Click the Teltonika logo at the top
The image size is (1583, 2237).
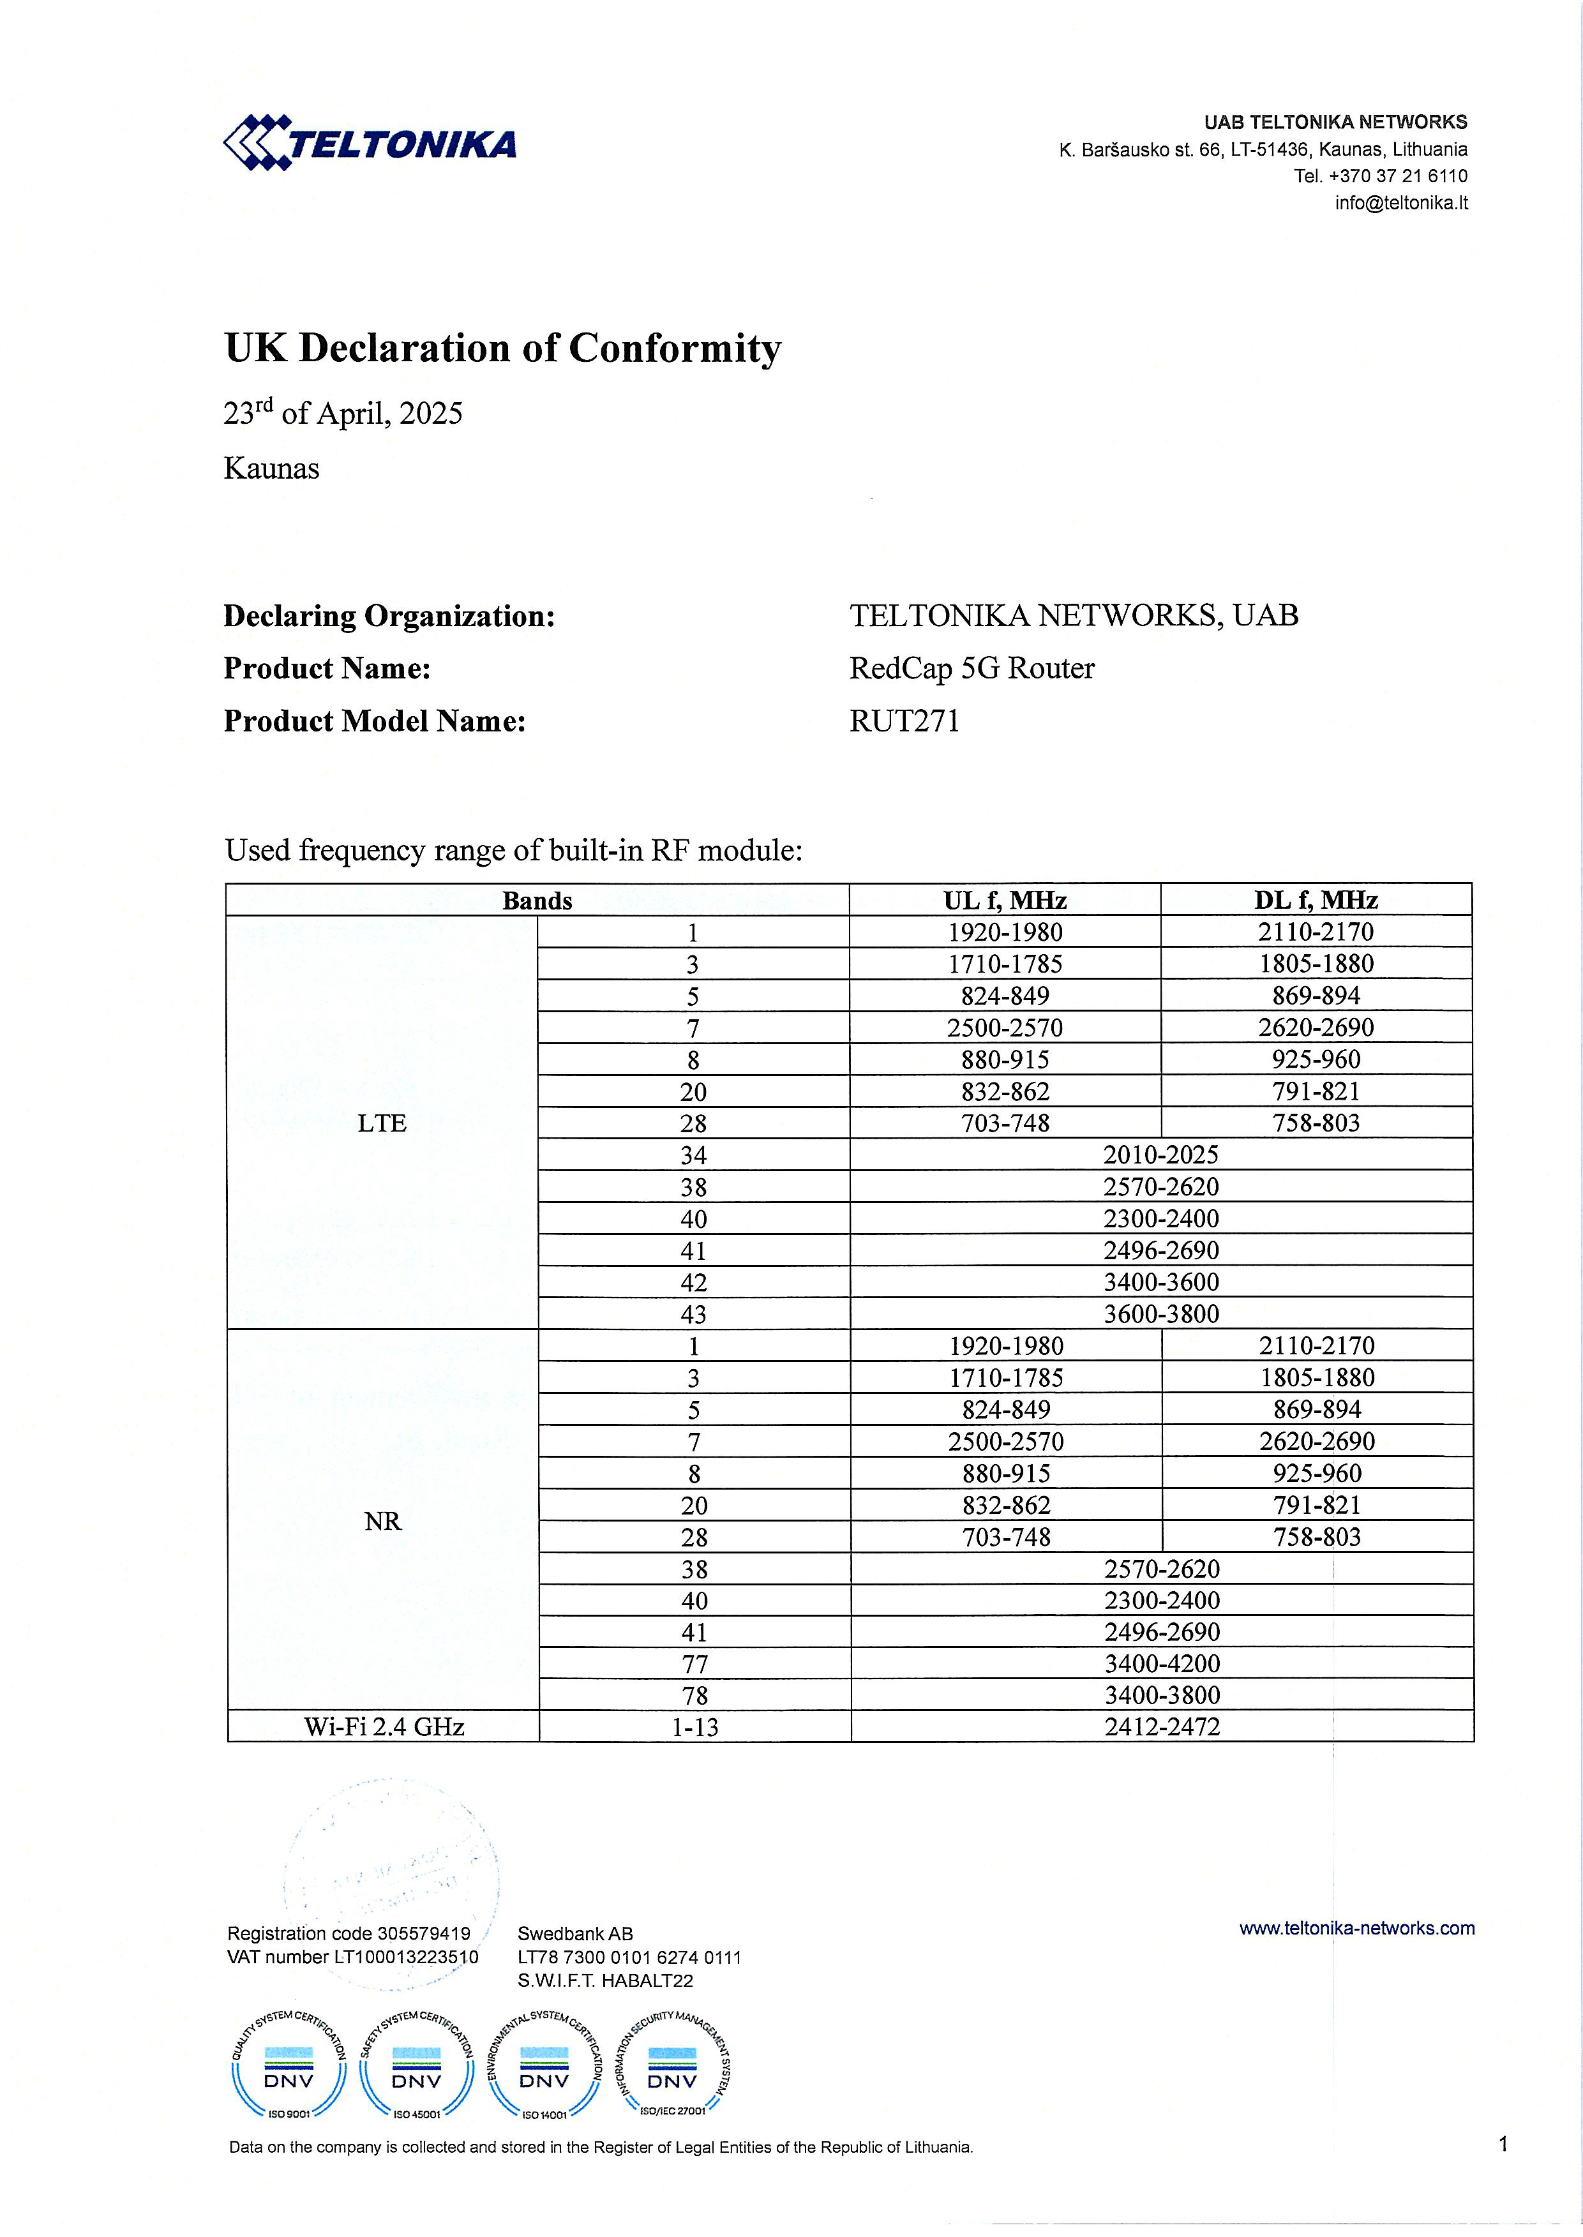coord(370,144)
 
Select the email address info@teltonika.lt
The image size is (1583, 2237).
coord(1400,203)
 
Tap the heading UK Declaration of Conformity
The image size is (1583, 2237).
coord(502,348)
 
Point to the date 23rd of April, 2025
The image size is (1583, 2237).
coord(343,414)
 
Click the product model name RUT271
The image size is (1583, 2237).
coord(904,721)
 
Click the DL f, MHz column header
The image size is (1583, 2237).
coord(1316,900)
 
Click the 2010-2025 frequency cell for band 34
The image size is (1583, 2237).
coord(1161,1155)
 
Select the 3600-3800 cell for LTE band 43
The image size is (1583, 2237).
coord(1161,1314)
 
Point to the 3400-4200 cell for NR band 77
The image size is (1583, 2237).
coord(1162,1664)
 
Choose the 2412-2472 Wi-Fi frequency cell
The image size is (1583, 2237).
coord(1162,1727)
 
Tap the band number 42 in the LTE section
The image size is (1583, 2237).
coord(693,1283)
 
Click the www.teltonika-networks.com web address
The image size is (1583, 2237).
coord(1357,1928)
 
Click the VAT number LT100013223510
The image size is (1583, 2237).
coord(353,1957)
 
